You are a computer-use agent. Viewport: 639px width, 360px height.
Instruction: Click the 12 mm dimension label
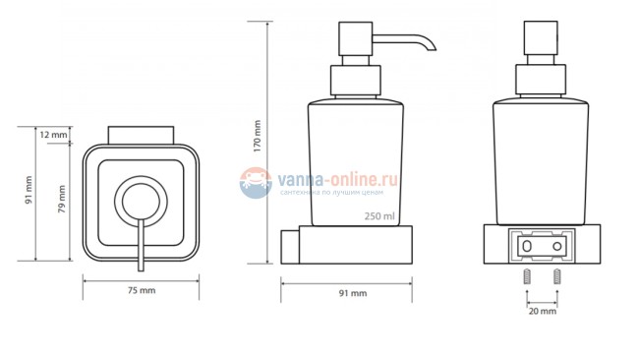pos(54,134)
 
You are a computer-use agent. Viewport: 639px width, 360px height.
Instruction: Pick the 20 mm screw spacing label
pos(543,312)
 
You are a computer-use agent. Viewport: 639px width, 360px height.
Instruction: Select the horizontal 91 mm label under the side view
pos(352,292)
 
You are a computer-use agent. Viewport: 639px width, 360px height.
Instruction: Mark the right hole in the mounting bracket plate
pos(556,245)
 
